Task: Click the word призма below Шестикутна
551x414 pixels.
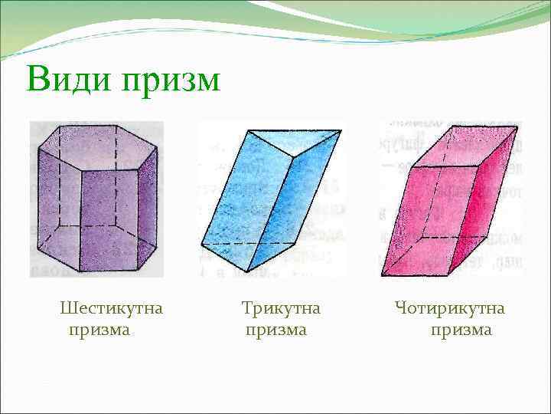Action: pos(99,330)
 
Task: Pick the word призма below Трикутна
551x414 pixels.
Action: pos(276,330)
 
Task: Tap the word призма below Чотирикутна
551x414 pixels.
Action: pos(461,330)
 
